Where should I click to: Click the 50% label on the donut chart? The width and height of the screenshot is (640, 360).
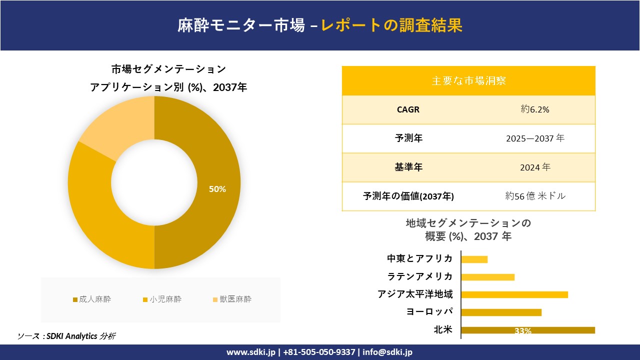(x=217, y=189)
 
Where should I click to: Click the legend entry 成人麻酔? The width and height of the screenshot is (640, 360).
(x=92, y=299)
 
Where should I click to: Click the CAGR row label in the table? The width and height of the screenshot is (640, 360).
(x=408, y=109)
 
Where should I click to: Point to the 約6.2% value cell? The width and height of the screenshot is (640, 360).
(x=535, y=109)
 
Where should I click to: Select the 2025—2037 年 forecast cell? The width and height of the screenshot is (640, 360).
(x=535, y=138)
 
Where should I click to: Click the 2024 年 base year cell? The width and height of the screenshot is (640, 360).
(x=535, y=167)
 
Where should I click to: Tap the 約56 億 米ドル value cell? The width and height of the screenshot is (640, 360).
(x=535, y=196)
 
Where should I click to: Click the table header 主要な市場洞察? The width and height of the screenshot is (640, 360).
(x=468, y=80)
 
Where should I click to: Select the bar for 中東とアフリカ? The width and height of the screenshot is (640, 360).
(x=474, y=259)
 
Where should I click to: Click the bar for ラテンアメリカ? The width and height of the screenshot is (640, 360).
(x=487, y=277)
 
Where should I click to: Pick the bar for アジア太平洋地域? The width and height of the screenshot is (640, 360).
(x=514, y=294)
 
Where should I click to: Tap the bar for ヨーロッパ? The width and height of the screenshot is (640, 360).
(x=501, y=312)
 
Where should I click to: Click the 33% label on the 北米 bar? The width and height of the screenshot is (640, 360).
(x=522, y=331)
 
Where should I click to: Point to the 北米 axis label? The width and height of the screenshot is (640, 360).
(x=442, y=329)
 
